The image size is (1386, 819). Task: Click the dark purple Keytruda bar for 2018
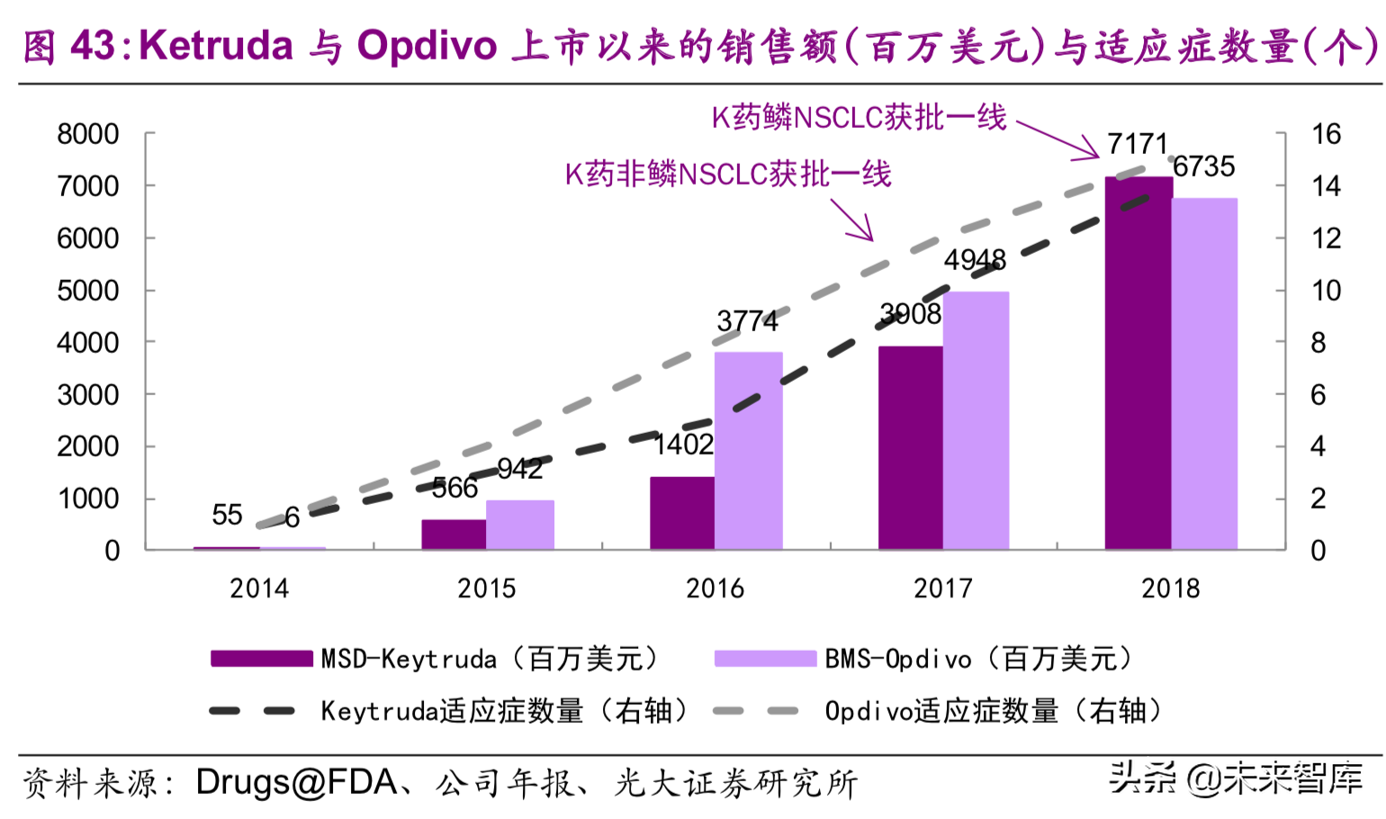click(1138, 364)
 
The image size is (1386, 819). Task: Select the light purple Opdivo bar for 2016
click(748, 451)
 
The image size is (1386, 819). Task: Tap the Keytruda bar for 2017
click(910, 448)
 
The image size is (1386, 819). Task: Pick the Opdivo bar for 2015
click(519, 525)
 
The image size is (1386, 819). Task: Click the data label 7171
click(1137, 144)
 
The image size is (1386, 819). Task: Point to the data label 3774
click(747, 321)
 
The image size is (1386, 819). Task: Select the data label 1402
click(683, 445)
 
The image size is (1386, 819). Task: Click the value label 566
click(454, 488)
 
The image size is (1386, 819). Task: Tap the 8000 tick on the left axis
click(88, 135)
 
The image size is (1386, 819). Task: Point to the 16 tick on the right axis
click(1325, 135)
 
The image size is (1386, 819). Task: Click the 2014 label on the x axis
click(259, 589)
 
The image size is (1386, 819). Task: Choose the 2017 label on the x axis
click(942, 589)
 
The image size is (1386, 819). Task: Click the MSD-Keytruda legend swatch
click(261, 659)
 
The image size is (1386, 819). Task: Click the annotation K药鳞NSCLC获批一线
click(859, 118)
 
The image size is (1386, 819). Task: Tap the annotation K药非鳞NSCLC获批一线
click(727, 174)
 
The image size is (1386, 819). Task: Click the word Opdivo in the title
click(427, 46)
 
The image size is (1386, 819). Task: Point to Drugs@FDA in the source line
click(297, 783)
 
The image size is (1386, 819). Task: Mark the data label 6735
click(1203, 166)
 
